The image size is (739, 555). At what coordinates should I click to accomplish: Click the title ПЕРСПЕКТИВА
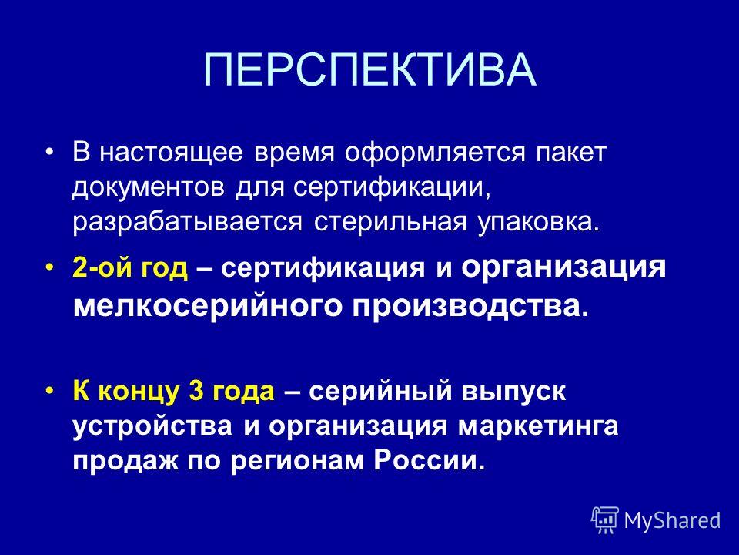370,70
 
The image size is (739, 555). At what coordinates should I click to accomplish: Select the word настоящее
171,153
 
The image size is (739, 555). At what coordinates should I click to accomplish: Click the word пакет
570,153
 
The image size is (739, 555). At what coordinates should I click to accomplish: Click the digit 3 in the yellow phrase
195,392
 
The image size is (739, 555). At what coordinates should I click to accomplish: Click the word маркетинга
538,427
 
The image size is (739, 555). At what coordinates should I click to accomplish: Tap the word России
430,460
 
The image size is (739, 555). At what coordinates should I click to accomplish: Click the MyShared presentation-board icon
606,520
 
